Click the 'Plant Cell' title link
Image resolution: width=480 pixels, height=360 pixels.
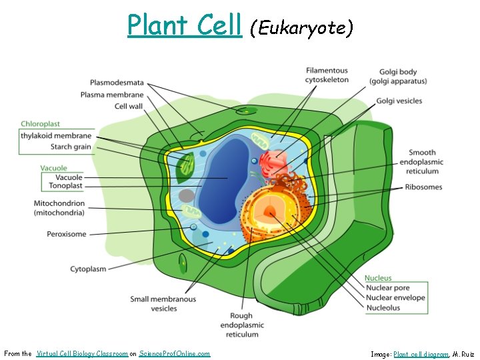tap(184, 26)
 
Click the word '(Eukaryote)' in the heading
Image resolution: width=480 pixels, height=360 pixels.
tap(301, 28)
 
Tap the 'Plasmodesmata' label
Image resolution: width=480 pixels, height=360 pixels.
tap(117, 83)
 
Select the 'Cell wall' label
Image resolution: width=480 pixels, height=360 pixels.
tap(129, 106)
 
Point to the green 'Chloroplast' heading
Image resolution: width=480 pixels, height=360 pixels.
tap(40, 124)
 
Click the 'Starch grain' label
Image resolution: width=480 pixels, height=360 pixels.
tap(71, 147)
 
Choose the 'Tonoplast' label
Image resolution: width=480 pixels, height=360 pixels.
tap(65, 186)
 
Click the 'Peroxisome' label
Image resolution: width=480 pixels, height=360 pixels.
tap(66, 234)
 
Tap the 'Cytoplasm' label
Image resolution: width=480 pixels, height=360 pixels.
tap(88, 269)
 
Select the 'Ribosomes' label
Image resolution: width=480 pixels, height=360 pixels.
tap(423, 187)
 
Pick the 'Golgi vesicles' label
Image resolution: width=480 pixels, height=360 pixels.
tap(399, 101)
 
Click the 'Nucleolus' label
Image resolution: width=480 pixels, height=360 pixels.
tap(383, 308)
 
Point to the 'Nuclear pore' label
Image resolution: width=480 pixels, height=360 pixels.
tap(388, 288)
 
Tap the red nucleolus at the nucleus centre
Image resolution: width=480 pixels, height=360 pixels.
tap(270, 212)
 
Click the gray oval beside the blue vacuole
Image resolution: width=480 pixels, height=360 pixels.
tap(187, 196)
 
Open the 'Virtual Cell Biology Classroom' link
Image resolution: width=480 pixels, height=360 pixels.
tap(82, 354)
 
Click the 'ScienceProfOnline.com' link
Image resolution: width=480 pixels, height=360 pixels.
tap(175, 354)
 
